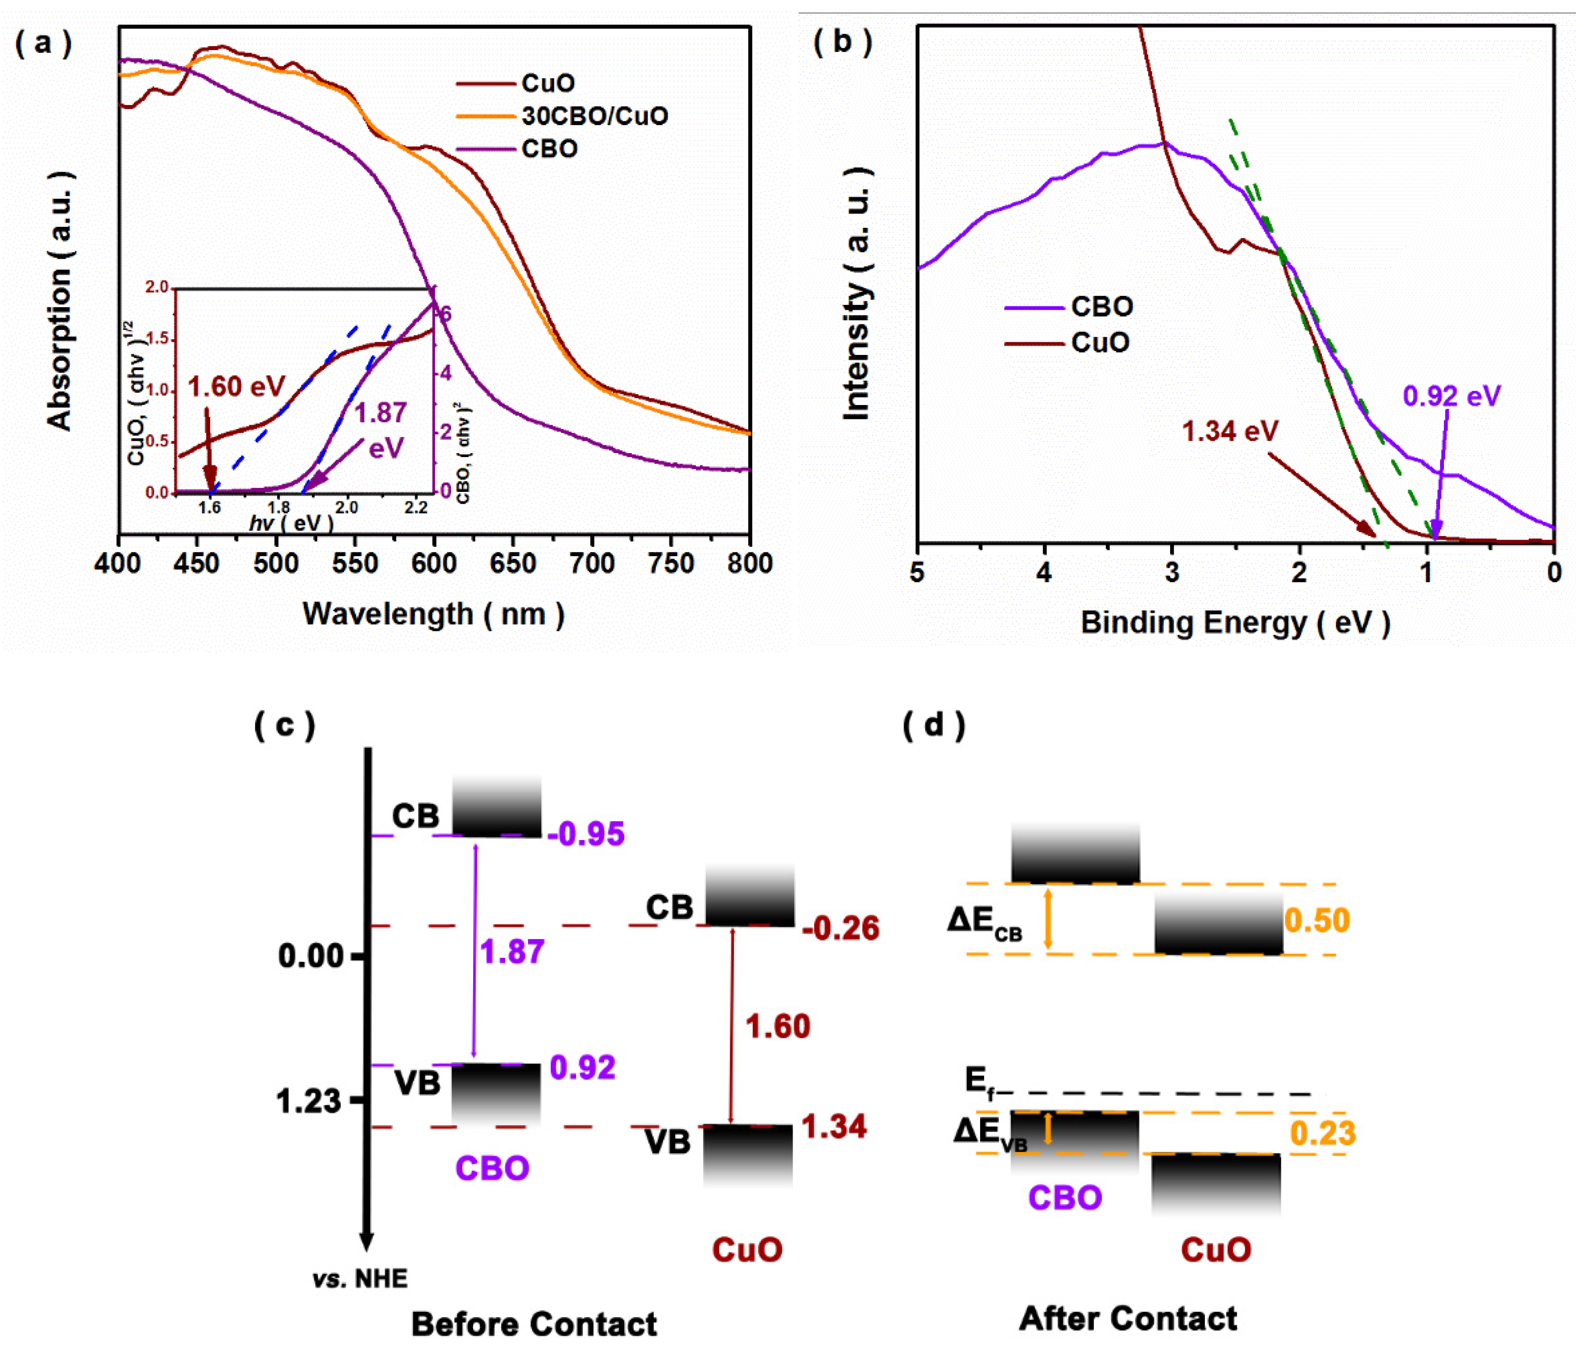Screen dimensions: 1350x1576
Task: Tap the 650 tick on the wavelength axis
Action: (513, 564)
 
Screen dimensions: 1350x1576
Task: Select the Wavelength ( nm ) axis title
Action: (433, 614)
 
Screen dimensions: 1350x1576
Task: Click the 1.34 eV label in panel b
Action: (1230, 431)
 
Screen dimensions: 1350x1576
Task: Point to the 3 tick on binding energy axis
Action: (1172, 572)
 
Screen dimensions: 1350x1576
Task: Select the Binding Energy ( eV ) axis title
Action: (1235, 622)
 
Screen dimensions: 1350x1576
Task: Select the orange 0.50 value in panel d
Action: (1317, 921)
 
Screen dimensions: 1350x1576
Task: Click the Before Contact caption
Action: (534, 1324)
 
